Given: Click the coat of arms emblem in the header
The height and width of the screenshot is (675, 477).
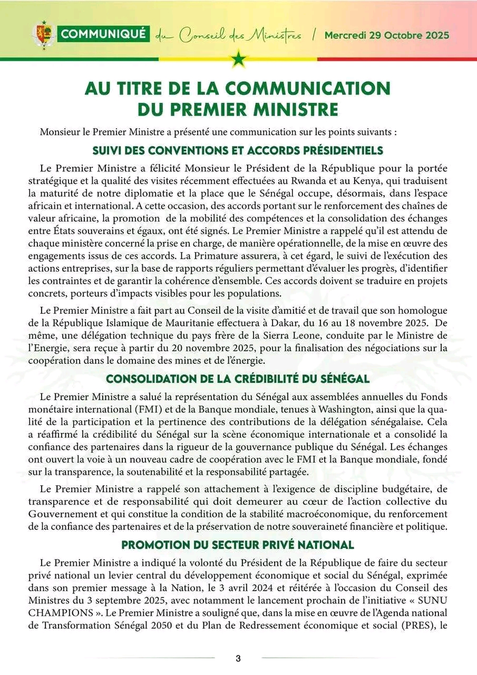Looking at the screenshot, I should (44, 35).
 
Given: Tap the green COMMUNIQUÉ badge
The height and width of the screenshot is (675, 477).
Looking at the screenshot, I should (104, 35).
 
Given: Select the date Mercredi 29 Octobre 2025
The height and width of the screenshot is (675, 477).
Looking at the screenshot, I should (387, 35).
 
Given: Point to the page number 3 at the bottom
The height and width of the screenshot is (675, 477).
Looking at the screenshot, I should (238, 658).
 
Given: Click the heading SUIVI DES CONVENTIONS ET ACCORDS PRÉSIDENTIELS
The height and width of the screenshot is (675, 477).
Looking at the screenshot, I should (238, 151).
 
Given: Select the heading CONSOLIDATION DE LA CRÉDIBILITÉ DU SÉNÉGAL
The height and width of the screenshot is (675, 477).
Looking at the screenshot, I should (238, 379).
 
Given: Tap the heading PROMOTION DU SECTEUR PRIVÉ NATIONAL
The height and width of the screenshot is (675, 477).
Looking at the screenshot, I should (238, 529).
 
